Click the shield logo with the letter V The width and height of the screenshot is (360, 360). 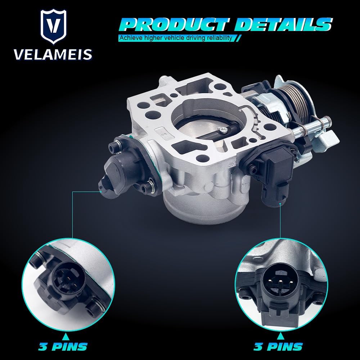click(x=54, y=26)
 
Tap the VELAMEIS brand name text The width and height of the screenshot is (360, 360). click(x=53, y=55)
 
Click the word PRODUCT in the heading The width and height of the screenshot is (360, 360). click(x=174, y=25)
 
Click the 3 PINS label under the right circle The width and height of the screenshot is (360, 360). click(x=278, y=347)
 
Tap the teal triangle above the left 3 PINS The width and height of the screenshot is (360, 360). click(x=66, y=337)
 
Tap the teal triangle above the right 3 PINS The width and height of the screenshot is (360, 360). click(x=280, y=337)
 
